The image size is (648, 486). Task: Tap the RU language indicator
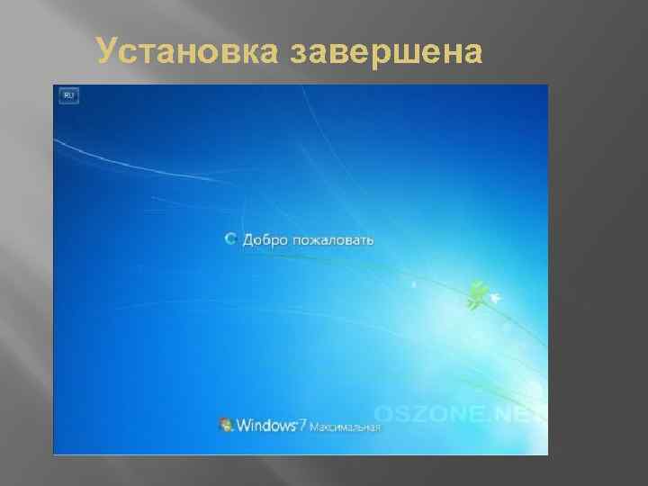(x=67, y=94)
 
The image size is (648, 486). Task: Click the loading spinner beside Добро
(x=230, y=239)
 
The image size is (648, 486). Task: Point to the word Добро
(x=268, y=240)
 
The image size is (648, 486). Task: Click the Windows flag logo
(x=226, y=425)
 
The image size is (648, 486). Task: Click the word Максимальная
(x=346, y=427)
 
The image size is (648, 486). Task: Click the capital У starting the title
(x=107, y=53)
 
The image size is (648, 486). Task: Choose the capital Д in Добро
(x=248, y=240)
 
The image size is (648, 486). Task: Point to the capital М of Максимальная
(x=314, y=427)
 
